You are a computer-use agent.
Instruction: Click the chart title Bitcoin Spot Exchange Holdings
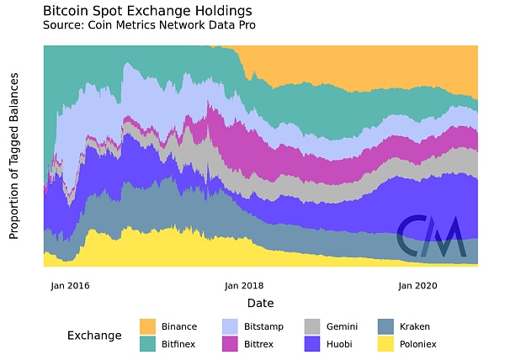pos(146,11)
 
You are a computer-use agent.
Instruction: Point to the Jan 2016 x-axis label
pos(70,285)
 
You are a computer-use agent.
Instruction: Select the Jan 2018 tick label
pos(243,285)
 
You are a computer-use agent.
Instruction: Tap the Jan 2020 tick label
pos(417,285)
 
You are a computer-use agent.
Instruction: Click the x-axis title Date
pos(260,303)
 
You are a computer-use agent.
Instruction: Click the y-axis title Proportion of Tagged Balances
pos(14,161)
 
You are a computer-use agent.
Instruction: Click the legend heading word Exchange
pos(94,336)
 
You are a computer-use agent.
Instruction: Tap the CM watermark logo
pos(432,237)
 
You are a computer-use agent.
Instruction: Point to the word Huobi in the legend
pos(340,343)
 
